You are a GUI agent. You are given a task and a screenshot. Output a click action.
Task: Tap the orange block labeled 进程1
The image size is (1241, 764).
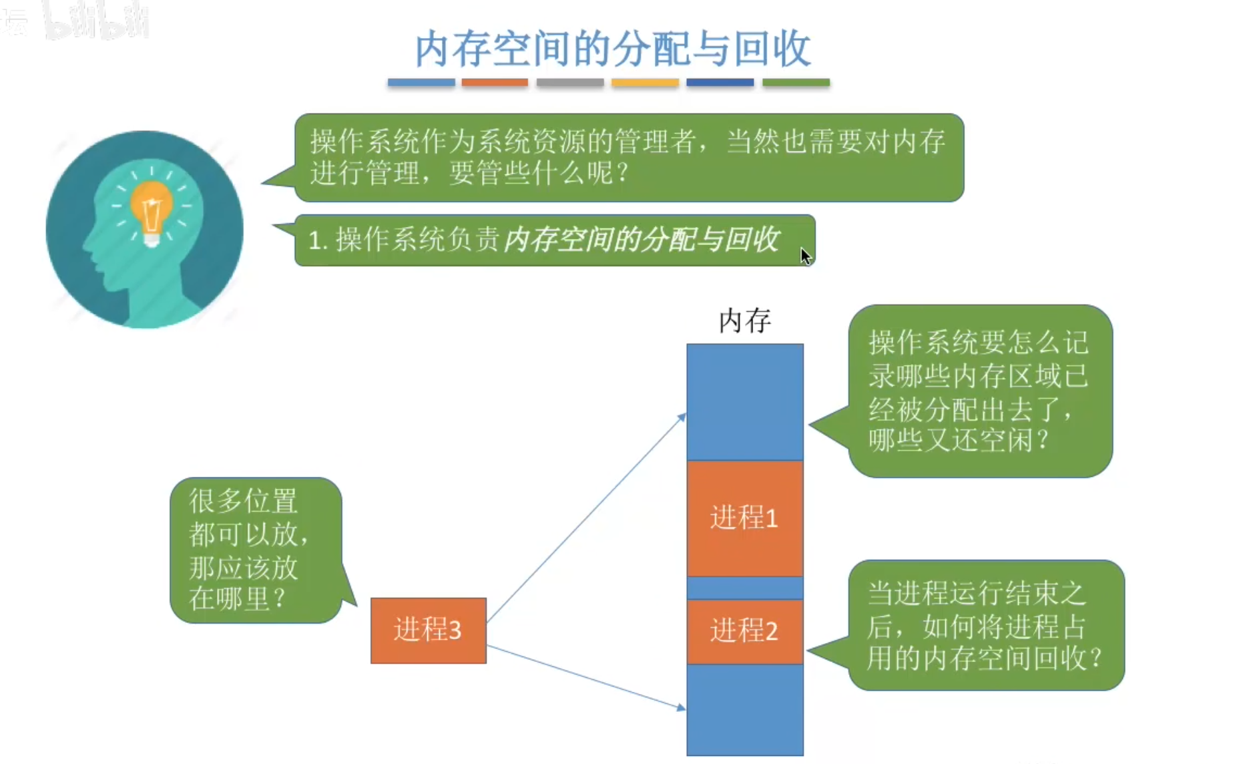744,518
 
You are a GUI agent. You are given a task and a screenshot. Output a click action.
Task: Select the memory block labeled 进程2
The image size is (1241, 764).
744,631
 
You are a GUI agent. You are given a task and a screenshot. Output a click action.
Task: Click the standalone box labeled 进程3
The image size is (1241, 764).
428,630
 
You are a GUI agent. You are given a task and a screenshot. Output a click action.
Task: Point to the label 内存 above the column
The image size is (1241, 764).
744,321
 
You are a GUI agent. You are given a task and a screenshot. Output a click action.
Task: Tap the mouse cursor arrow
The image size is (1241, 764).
805,256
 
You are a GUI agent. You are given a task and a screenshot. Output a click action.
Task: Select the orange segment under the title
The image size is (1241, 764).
495,83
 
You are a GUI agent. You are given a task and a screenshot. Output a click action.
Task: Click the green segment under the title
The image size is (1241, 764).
796,83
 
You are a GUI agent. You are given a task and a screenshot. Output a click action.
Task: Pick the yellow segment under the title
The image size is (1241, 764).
645,83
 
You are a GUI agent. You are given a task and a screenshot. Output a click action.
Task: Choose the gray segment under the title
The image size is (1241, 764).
570,83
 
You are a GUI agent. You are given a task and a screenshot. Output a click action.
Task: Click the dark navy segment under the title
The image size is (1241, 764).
720,83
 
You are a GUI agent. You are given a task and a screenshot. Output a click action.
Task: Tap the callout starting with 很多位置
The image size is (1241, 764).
256,550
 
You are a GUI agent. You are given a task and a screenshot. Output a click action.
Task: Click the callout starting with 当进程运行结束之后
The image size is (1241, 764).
985,625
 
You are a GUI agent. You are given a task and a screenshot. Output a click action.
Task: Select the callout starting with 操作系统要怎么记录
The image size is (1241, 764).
979,391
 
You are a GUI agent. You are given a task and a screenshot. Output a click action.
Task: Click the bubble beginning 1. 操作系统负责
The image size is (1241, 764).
554,240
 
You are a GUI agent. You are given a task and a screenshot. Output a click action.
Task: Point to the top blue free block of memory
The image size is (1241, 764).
744,401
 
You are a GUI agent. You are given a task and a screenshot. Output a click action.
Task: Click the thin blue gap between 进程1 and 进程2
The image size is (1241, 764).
744,588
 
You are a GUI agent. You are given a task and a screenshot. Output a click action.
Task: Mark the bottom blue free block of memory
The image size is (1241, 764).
744,709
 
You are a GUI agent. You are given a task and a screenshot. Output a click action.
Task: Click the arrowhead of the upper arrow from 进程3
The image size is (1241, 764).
682,417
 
